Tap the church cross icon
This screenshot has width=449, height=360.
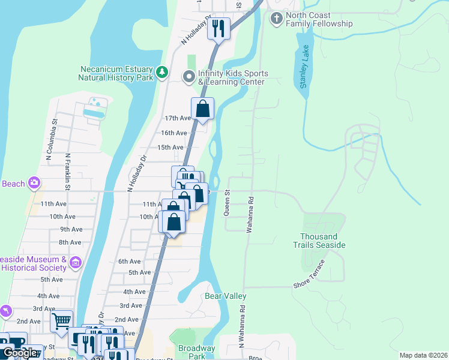click(x=276, y=19)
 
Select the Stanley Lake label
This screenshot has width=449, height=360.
click(x=304, y=66)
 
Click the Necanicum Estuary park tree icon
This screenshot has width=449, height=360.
click(x=161, y=73)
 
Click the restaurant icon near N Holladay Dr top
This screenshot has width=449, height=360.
click(x=219, y=28)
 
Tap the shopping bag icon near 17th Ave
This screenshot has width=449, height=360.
click(x=203, y=109)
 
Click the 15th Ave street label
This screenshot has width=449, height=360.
click(x=170, y=147)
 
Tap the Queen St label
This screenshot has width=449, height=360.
click(x=227, y=202)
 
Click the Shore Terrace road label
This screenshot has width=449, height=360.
click(x=310, y=275)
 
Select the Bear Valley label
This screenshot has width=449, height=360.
click(x=226, y=296)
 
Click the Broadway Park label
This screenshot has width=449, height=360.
click(x=196, y=352)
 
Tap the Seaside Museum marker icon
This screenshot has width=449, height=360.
click(x=76, y=262)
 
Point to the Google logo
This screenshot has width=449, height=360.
click(x=20, y=353)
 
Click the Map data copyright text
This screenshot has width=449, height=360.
click(x=423, y=355)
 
